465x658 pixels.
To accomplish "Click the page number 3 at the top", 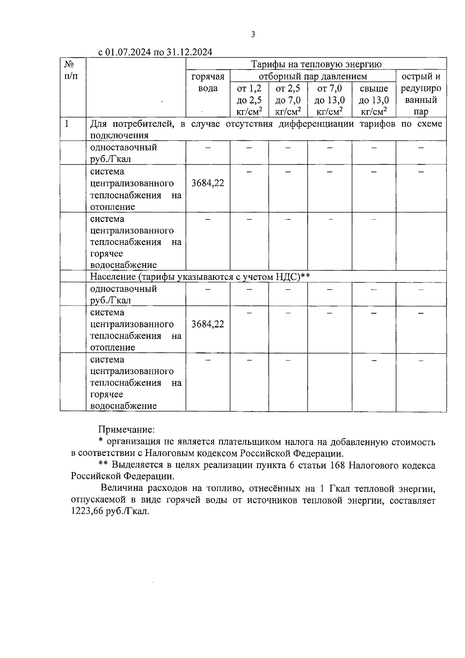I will pyautogui.click(x=253, y=35).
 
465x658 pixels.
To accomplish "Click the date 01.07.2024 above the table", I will pyautogui.click(x=128, y=52).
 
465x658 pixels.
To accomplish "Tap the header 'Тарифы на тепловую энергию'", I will pyautogui.click(x=316, y=64).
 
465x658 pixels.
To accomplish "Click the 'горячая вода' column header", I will pyautogui.click(x=208, y=82).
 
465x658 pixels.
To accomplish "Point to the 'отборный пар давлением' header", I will pyautogui.click(x=313, y=76).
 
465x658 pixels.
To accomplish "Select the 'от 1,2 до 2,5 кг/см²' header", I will pyautogui.click(x=249, y=100).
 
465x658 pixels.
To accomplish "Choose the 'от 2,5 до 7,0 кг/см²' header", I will pyautogui.click(x=288, y=100).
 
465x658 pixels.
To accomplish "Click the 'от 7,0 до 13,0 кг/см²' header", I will pyautogui.click(x=329, y=100).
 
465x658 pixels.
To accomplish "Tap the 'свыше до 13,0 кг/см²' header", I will pyautogui.click(x=374, y=100).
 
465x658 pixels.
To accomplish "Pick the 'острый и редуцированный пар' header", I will pyautogui.click(x=421, y=94).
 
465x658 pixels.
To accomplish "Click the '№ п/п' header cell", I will pyautogui.click(x=70, y=70).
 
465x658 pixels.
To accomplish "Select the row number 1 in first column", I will pyautogui.click(x=67, y=124).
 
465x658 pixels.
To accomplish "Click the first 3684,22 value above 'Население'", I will pyautogui.click(x=208, y=183).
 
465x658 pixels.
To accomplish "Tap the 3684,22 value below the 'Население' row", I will pyautogui.click(x=208, y=324).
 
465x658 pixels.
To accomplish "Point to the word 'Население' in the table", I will pyautogui.click(x=113, y=277).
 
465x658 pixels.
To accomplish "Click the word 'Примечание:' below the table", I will pyautogui.click(x=127, y=430).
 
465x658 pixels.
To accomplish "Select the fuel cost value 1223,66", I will pyautogui.click(x=87, y=511).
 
